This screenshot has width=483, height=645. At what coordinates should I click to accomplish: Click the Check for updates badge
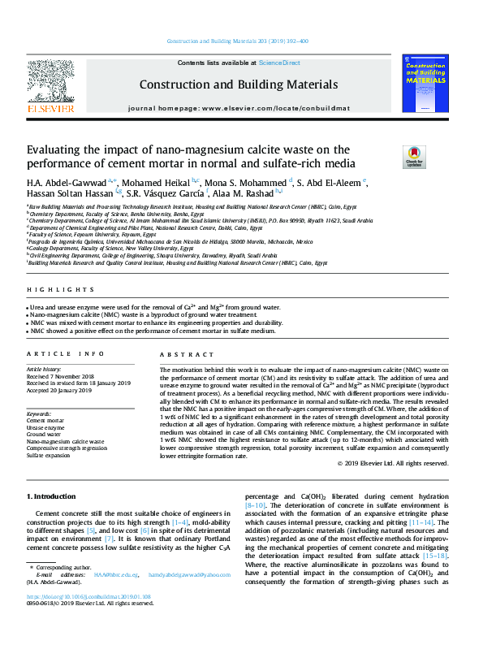413,156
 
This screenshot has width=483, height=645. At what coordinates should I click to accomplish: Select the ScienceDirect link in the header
279,63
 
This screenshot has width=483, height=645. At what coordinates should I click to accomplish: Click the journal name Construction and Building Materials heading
239,84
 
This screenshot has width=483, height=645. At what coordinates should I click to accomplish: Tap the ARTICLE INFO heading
66,355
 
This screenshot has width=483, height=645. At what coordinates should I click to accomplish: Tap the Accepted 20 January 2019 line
63,392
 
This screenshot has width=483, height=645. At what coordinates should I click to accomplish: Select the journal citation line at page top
236,41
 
